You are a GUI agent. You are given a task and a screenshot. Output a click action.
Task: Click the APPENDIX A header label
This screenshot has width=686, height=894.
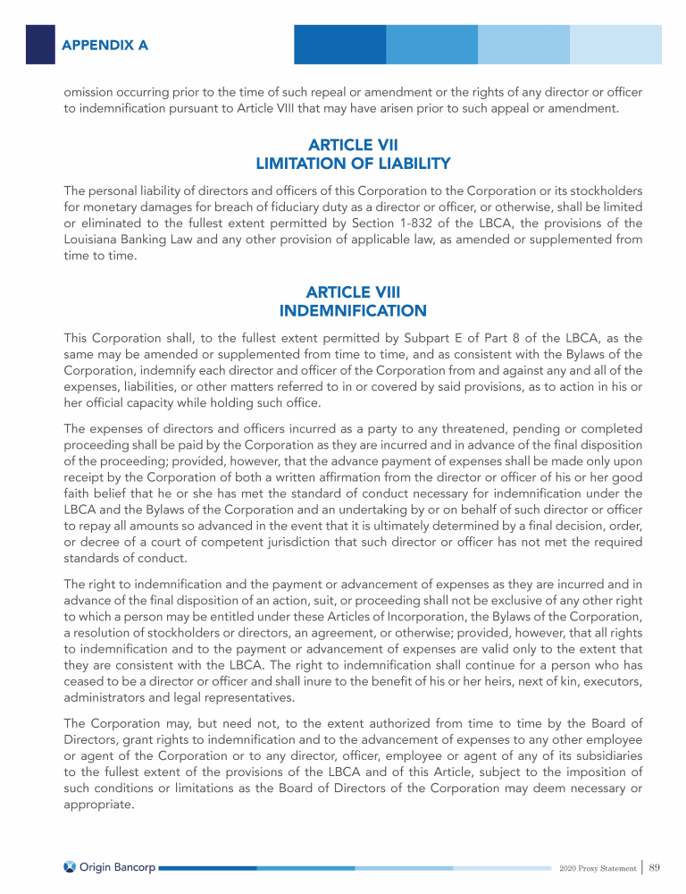tap(105, 44)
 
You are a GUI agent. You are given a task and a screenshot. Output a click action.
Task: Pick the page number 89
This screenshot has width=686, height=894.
tap(655, 866)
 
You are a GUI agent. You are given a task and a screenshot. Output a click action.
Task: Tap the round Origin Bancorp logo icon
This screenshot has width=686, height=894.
tap(71, 866)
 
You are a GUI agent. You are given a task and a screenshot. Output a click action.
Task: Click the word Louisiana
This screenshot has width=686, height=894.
tap(94, 240)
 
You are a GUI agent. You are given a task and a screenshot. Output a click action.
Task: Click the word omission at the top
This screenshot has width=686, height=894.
tap(93, 92)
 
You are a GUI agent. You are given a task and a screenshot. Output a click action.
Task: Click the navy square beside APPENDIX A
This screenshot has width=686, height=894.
tap(40, 43)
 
